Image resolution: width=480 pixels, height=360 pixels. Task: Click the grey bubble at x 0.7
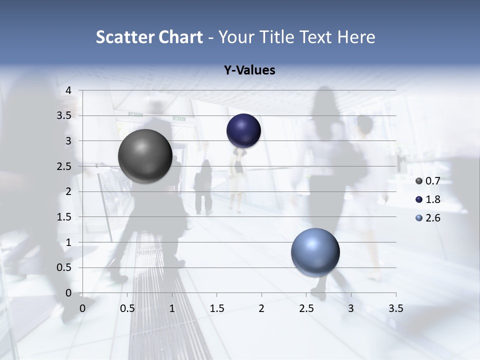pyautogui.click(x=145, y=156)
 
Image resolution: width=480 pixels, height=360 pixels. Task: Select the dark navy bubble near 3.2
pyautogui.click(x=243, y=130)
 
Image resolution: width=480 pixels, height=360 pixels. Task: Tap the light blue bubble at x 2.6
pyautogui.click(x=315, y=252)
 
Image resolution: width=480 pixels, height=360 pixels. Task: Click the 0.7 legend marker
pyautogui.click(x=419, y=181)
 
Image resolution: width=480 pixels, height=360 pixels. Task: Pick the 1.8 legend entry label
pyautogui.click(x=432, y=199)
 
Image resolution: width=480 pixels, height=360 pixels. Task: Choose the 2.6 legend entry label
pyautogui.click(x=432, y=218)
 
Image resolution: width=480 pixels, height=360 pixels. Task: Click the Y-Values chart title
pyautogui.click(x=249, y=70)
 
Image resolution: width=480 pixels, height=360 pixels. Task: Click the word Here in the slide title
pyautogui.click(x=356, y=37)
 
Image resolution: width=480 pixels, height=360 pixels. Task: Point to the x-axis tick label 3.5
pyautogui.click(x=395, y=308)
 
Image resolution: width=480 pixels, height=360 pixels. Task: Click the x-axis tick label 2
pyautogui.click(x=261, y=308)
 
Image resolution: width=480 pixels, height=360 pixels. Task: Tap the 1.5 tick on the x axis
pyautogui.click(x=216, y=308)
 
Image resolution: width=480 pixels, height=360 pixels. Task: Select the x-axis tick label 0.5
pyautogui.click(x=127, y=308)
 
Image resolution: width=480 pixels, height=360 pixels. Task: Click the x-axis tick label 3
pyautogui.click(x=351, y=308)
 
